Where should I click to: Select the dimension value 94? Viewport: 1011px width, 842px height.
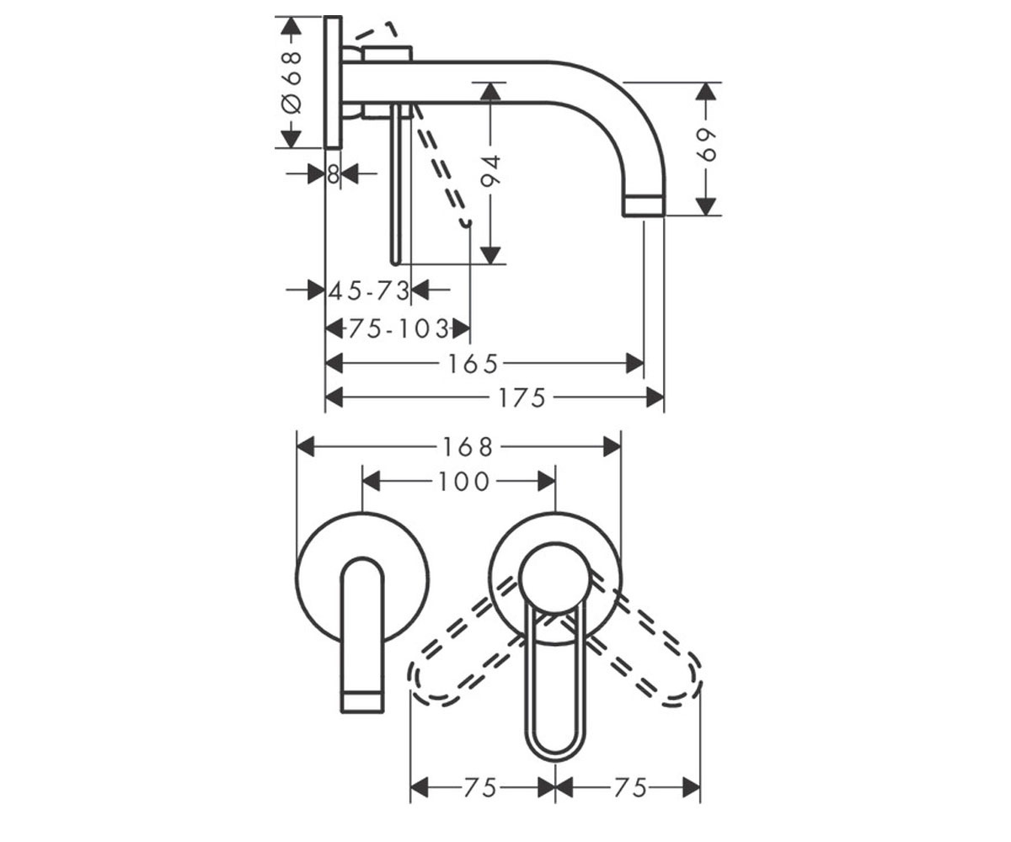490,170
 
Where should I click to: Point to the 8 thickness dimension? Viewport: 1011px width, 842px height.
333,173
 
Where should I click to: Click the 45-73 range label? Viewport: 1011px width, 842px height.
369,290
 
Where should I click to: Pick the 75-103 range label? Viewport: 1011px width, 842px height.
399,329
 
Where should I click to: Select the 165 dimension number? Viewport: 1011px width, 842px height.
473,364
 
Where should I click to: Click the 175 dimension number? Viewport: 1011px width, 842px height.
522,397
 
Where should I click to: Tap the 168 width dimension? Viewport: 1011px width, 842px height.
468,446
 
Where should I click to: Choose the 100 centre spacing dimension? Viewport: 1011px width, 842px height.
464,482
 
